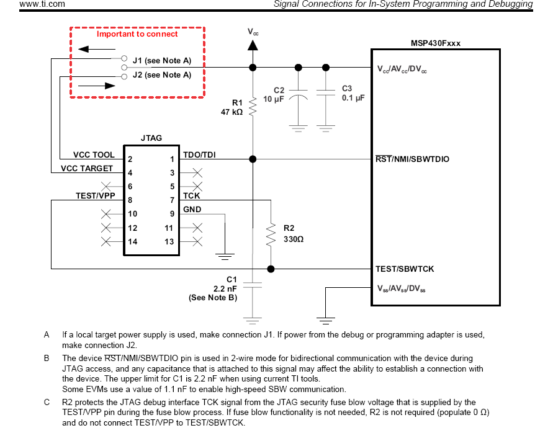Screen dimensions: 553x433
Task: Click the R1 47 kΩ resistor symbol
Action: click(253, 107)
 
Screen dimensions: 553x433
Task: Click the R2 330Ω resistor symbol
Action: click(271, 234)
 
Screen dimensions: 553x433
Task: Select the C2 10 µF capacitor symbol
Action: click(299, 95)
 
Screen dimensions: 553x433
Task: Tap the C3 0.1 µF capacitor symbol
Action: click(325, 92)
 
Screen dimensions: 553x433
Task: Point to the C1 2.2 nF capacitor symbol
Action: click(253, 285)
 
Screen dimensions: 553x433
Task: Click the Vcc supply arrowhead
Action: click(253, 45)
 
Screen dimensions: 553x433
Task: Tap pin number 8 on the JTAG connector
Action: click(130, 200)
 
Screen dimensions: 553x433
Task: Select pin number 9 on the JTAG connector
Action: click(172, 214)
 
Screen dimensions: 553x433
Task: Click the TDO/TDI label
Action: click(199, 155)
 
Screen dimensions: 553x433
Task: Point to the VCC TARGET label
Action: click(87, 169)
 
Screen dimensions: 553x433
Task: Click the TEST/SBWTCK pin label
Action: click(405, 269)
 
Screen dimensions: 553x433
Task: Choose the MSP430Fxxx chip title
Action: click(436, 43)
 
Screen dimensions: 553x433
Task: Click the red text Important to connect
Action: click(137, 34)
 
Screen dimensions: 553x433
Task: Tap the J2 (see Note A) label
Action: click(162, 75)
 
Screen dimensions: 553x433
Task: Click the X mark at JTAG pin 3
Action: click(197, 173)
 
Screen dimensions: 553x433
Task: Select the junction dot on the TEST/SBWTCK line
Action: click(271, 269)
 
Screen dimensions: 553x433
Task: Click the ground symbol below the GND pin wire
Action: click(225, 256)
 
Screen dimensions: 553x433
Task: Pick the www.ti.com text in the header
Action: click(42, 4)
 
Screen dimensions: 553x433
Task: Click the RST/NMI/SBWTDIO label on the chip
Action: click(412, 159)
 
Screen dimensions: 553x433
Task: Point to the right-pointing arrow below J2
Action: click(97, 86)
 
